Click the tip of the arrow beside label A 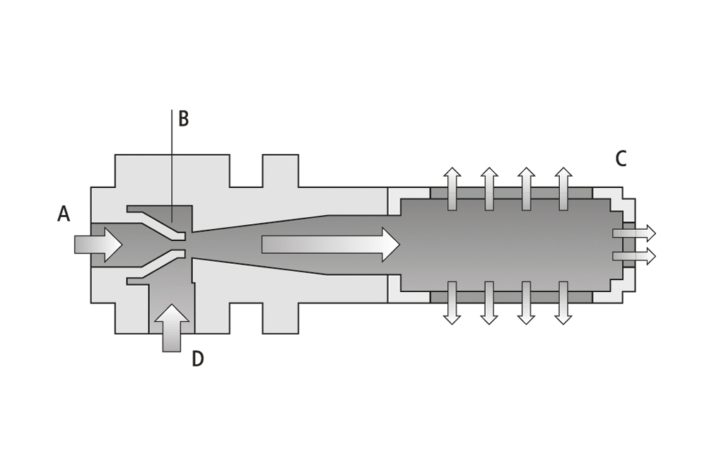tap(122, 245)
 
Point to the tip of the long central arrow tap(400, 245)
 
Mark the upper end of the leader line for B tap(172, 110)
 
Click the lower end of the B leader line tap(172, 222)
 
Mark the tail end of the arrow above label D tap(172, 352)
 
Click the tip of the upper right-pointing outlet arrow tap(656, 233)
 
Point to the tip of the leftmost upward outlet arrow tap(452, 167)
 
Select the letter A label tap(64, 214)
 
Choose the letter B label tap(184, 118)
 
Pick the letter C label tap(621, 158)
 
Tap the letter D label tap(198, 359)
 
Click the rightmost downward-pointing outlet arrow tap(563, 303)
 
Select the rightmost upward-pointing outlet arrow tap(563, 189)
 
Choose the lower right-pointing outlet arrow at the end tap(634, 257)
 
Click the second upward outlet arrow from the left tap(489, 189)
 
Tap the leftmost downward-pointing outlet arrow tap(452, 303)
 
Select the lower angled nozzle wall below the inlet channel tap(156, 267)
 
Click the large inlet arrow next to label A tap(98, 245)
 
